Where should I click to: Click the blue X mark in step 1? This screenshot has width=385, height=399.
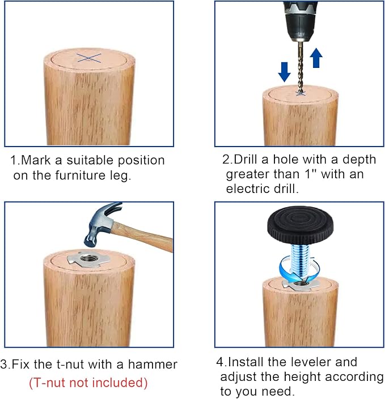(x=89, y=58)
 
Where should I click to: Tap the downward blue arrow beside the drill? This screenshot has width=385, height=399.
(x=284, y=72)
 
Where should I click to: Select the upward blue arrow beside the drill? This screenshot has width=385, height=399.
(x=316, y=58)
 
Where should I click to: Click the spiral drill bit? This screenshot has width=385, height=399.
(x=301, y=67)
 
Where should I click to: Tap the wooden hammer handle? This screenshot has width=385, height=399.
(x=143, y=237)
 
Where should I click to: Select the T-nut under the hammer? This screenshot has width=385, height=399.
(x=88, y=259)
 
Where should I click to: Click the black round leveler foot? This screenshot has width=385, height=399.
(x=300, y=225)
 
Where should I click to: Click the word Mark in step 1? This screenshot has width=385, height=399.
(x=36, y=160)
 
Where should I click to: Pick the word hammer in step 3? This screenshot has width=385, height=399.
(x=153, y=364)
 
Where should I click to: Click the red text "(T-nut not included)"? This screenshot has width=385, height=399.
(x=88, y=383)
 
